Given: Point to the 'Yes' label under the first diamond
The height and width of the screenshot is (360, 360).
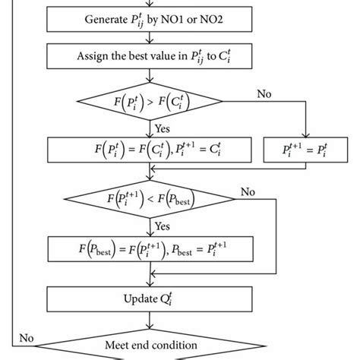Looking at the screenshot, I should [x=162, y=127].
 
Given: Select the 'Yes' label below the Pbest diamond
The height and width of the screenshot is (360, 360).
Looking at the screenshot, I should [x=162, y=226].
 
